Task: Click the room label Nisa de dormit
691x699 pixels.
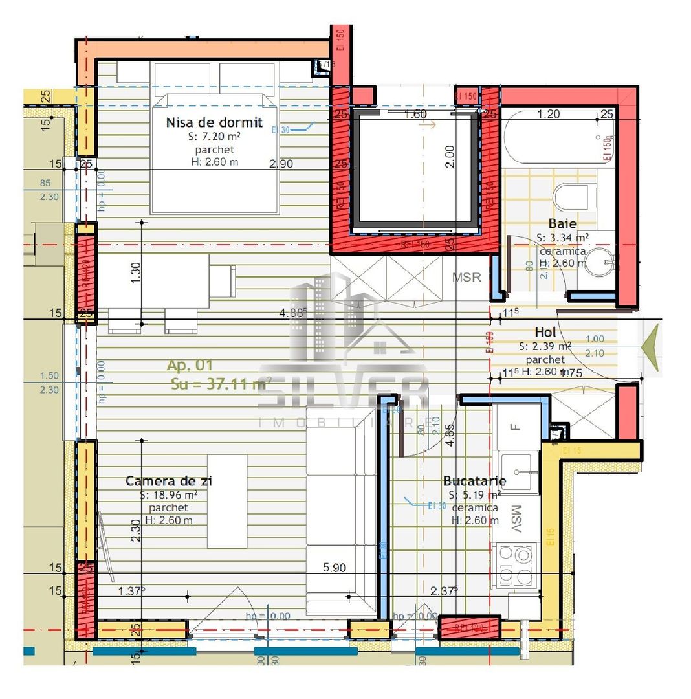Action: pyautogui.click(x=214, y=122)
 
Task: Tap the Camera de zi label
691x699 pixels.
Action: pyautogui.click(x=169, y=481)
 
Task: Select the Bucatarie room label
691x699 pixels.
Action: pyautogui.click(x=474, y=481)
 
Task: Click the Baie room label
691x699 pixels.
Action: pyautogui.click(x=562, y=224)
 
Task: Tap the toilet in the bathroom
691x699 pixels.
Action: pyautogui.click(x=575, y=197)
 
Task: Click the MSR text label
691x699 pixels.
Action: pyautogui.click(x=466, y=278)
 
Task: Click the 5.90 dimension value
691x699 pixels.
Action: pyautogui.click(x=334, y=568)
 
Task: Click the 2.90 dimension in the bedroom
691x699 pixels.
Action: pyautogui.click(x=281, y=164)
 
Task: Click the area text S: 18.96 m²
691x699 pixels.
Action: pyautogui.click(x=168, y=495)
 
